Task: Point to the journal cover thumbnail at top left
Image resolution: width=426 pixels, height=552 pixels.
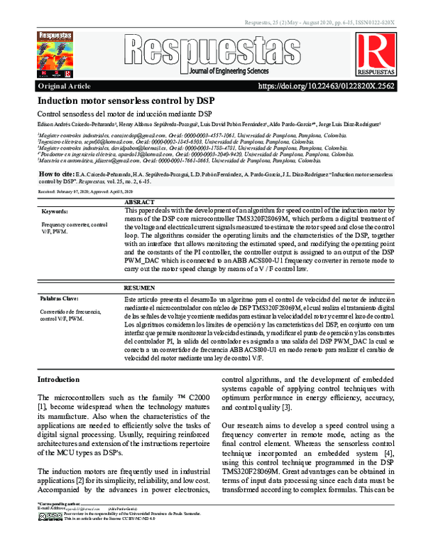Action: pos(60,54)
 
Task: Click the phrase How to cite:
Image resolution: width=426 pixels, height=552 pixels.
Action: pos(55,174)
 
